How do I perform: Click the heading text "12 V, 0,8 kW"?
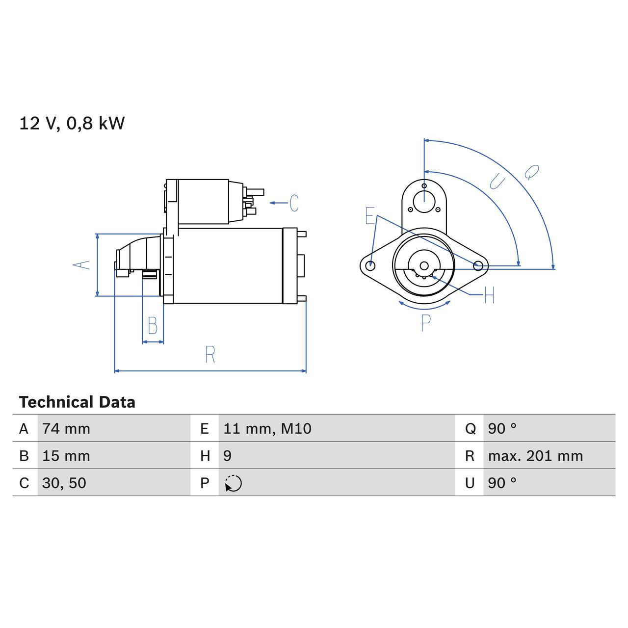72,123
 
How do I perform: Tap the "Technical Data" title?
77,402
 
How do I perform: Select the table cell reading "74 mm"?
66,428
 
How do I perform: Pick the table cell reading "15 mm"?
66,456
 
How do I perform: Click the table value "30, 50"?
64,483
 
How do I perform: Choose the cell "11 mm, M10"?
267,428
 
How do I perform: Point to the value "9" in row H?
227,456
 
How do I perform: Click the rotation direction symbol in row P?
234,483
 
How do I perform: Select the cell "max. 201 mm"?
535,456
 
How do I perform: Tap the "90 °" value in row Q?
502,428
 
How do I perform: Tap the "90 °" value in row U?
502,483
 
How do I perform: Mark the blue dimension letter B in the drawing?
153,326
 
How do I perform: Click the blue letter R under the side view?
210,354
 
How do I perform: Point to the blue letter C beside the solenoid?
294,203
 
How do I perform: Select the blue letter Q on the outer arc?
531,172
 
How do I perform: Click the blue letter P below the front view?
426,322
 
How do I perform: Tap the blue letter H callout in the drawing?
489,295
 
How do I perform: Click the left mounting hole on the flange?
371,265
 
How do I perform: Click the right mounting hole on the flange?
478,265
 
